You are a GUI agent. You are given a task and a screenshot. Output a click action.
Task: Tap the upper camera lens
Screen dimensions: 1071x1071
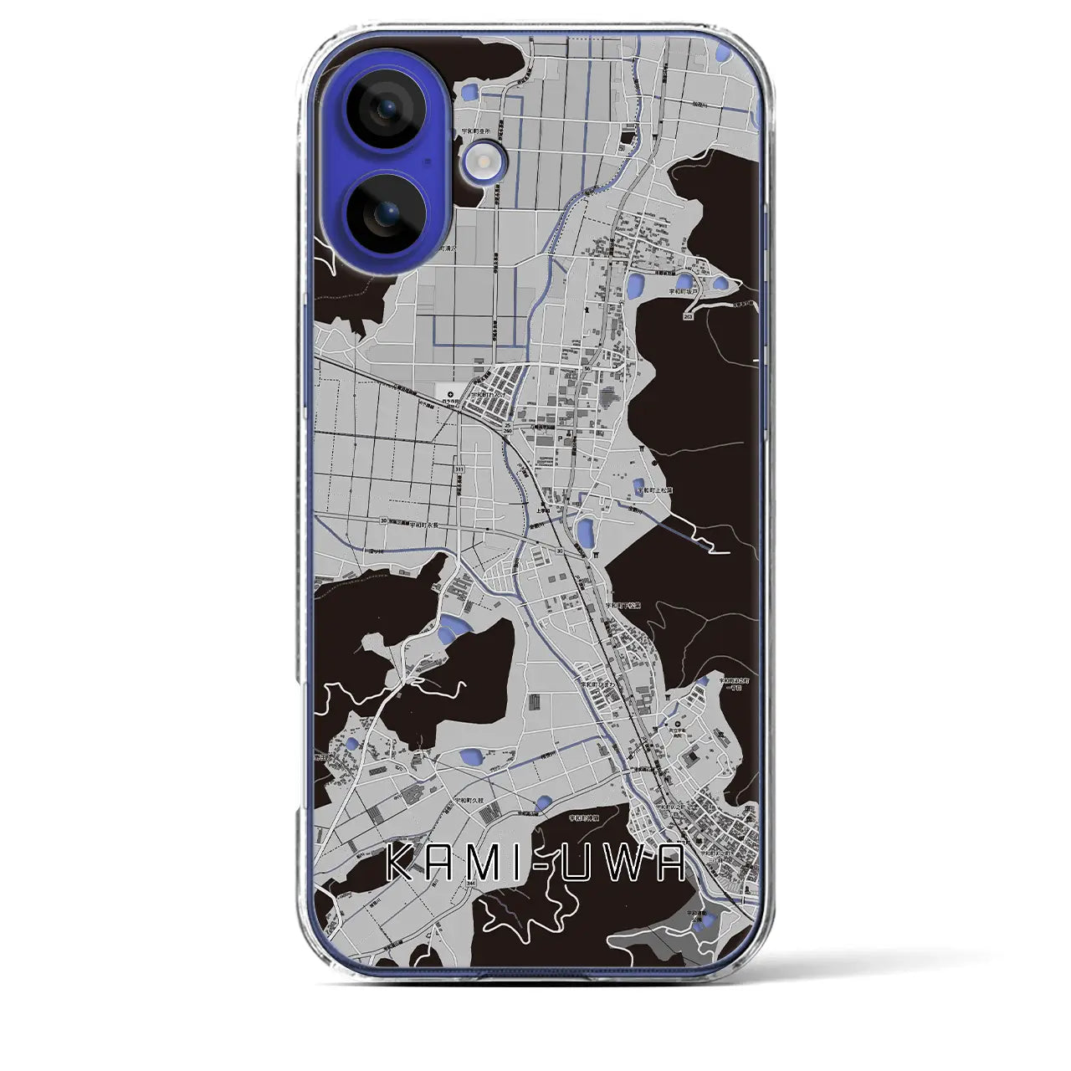[x=386, y=108]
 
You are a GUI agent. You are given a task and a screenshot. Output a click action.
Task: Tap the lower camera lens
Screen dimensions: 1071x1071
[x=386, y=215]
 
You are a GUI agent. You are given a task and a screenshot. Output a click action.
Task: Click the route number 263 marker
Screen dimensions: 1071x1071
[x=688, y=318]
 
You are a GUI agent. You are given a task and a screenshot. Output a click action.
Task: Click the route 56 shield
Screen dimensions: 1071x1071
[x=587, y=369]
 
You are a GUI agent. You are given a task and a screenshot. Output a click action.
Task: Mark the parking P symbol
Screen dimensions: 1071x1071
[x=572, y=435]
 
